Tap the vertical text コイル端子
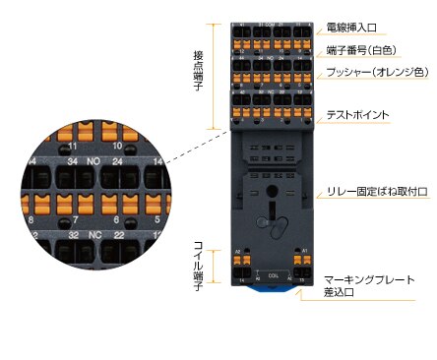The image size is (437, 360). click(x=198, y=258)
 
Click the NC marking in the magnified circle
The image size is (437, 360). click(x=94, y=236)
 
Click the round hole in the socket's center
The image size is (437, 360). click(x=271, y=192)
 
